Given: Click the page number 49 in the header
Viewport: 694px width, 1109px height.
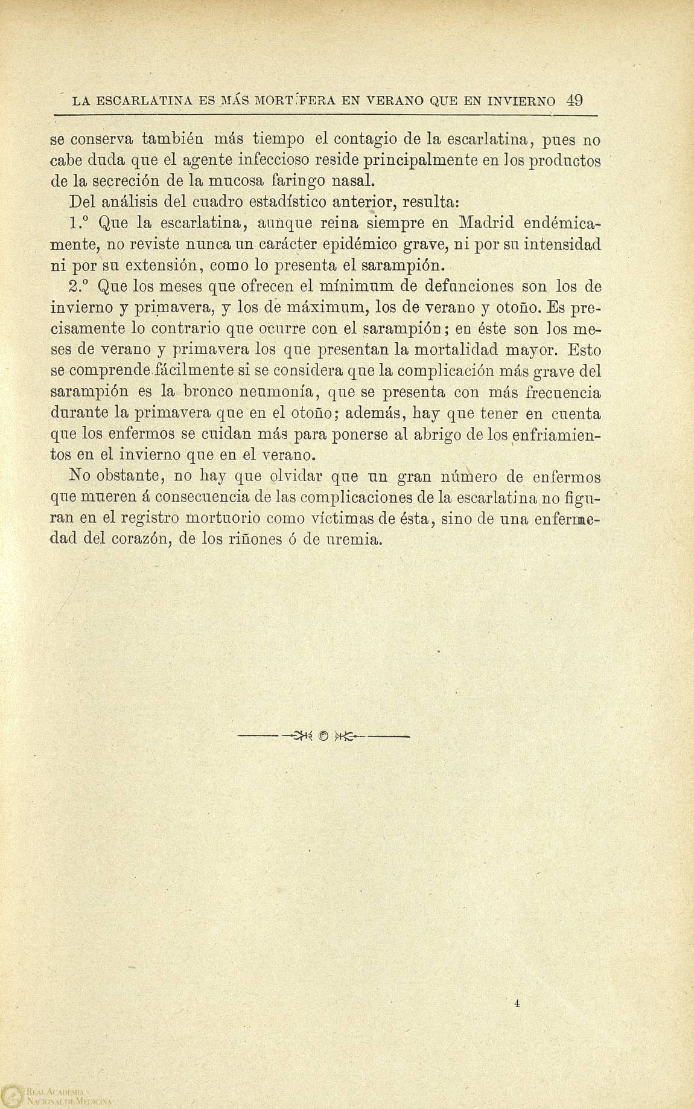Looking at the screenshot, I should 574,100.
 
